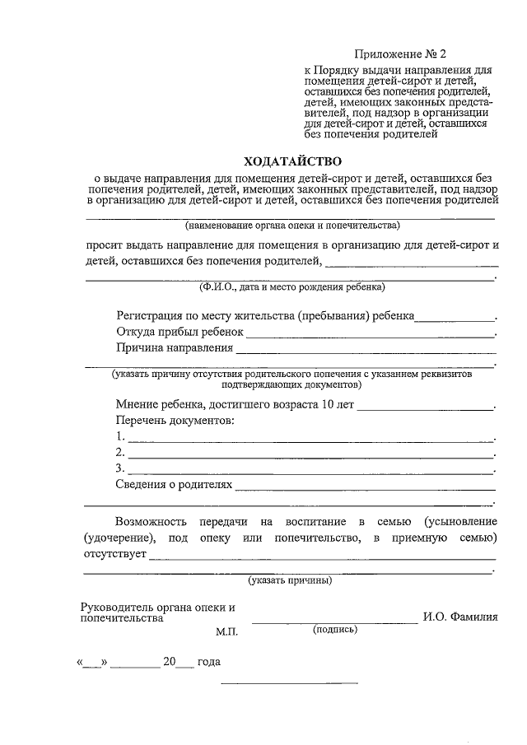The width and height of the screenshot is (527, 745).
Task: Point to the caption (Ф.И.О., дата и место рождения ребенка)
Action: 291,287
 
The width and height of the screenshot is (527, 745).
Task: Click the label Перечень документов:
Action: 175,421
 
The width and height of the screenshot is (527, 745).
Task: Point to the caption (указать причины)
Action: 291,580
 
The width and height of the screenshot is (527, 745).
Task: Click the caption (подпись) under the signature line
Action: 334,629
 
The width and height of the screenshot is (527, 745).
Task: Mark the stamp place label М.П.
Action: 227,631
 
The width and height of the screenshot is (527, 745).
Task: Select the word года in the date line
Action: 208,662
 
